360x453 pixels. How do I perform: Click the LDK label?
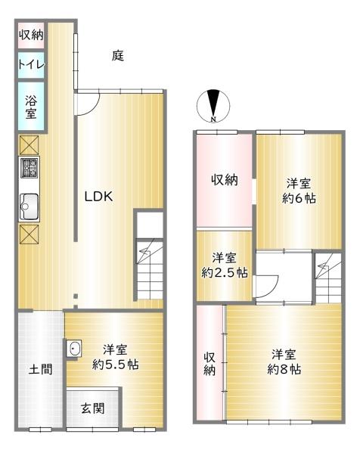click(98, 197)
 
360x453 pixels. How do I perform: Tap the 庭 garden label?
click(118, 56)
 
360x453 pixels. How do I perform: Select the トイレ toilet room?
click(31, 65)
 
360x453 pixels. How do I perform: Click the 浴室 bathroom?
click(31, 106)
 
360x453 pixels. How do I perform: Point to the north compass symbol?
click(215, 106)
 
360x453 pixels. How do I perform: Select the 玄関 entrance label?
click(93, 409)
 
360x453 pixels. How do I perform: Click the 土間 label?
click(40, 371)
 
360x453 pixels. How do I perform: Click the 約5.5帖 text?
click(116, 365)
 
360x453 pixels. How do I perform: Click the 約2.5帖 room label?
click(225, 273)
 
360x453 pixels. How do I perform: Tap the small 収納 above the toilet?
click(31, 34)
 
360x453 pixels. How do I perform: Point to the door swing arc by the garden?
click(85, 104)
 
